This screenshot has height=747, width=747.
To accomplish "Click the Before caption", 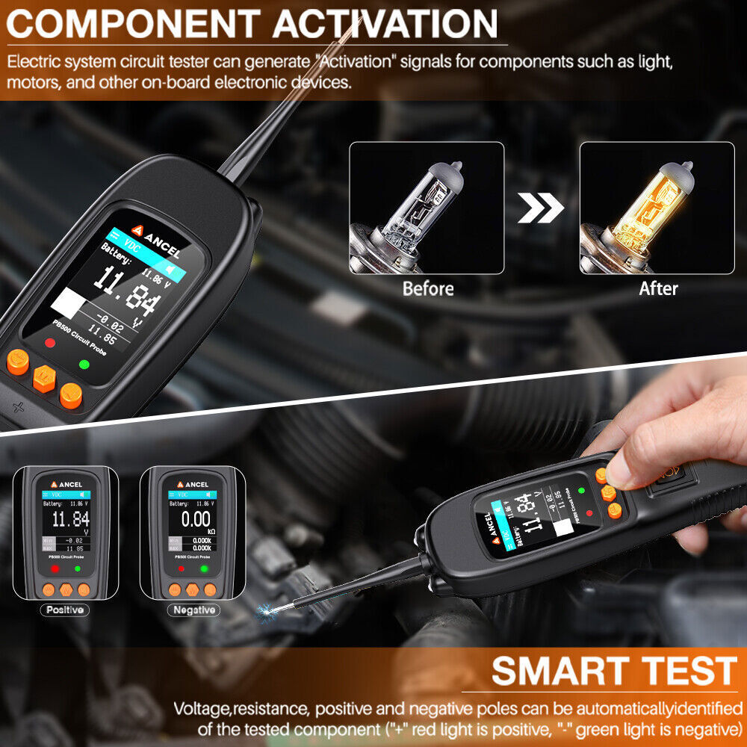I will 428,288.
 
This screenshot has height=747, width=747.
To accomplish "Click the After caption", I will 658,288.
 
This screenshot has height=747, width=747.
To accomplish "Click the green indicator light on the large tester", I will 84,365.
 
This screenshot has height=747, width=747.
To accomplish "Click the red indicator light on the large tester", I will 50,343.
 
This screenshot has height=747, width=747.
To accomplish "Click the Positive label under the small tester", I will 65,610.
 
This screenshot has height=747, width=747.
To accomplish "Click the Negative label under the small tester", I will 193,610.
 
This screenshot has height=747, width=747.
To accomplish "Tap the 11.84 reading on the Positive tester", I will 70,519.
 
